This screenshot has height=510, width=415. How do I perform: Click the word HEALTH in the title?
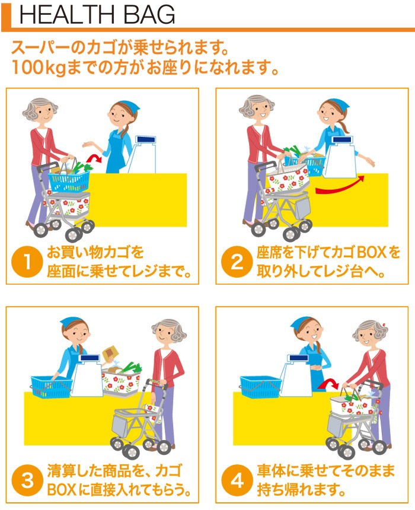coord(67,14)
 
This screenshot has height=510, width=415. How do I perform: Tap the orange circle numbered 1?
coord(27,262)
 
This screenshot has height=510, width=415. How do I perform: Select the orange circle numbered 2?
coord(237,262)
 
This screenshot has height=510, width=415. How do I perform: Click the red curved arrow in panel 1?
coord(94,158)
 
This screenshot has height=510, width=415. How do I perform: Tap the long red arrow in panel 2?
coord(340,186)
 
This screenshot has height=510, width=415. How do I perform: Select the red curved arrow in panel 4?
coord(328,384)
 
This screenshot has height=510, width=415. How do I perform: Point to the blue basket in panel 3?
coord(52,387)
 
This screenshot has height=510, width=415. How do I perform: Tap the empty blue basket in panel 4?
coord(260,387)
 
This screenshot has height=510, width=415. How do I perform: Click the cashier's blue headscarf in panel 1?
coord(128,106)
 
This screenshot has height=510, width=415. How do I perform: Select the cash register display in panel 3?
coord(90,358)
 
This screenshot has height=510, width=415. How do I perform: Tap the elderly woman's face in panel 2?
coord(259,112)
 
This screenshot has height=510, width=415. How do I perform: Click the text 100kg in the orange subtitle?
coord(39,68)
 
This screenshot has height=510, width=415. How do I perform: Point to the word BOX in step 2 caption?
coord(369,253)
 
